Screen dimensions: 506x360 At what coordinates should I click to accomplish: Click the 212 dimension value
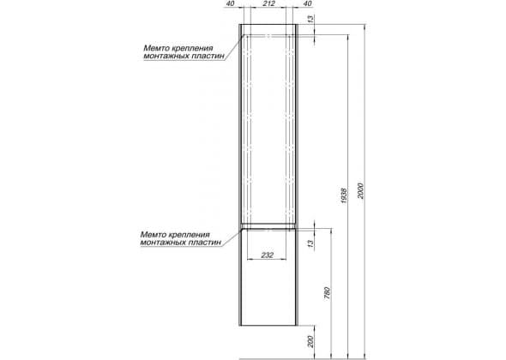click(268, 3)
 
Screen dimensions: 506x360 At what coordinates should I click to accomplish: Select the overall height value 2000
click(361, 191)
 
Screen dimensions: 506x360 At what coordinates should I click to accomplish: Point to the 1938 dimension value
click(344, 195)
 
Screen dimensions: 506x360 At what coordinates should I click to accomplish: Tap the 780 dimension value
click(328, 293)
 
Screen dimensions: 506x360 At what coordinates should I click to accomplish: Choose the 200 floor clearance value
click(310, 342)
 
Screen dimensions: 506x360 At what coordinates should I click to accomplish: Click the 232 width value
click(268, 255)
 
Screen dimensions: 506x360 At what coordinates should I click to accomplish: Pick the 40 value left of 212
click(231, 3)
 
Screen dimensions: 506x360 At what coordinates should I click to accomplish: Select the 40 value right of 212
click(308, 3)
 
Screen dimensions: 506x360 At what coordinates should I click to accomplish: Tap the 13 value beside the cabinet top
click(310, 19)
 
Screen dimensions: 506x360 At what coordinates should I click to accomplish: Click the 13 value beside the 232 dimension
click(310, 244)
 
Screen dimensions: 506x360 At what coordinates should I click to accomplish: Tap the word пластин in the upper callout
click(208, 56)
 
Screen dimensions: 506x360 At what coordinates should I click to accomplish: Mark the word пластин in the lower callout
click(205, 243)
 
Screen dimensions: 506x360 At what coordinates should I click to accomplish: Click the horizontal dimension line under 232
click(267, 259)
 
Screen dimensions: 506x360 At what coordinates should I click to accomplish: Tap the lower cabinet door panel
click(268, 277)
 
